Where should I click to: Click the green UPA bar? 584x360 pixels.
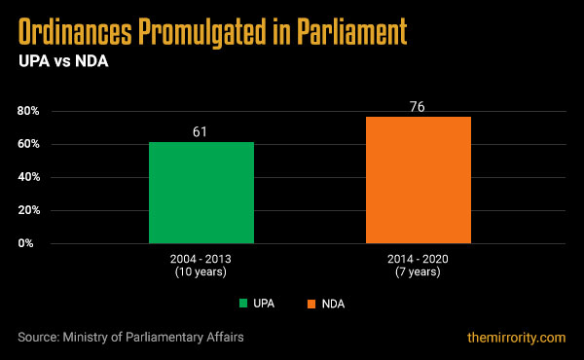[201, 193]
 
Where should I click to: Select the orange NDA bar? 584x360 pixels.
[419, 180]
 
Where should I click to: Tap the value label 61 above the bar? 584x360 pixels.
[201, 130]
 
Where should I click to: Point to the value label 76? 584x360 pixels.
[419, 105]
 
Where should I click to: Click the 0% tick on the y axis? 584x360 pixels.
[30, 243]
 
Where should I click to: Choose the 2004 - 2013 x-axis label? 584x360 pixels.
[201, 262]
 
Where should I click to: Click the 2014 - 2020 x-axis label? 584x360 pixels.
[419, 262]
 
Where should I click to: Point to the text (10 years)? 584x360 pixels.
[201, 274]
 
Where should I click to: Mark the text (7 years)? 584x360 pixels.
[419, 274]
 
